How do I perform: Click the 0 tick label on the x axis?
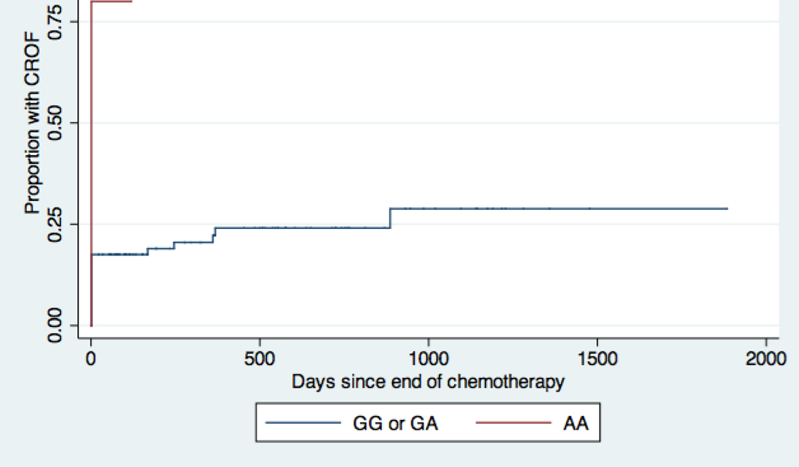click(x=91, y=358)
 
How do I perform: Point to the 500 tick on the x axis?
click(x=259, y=358)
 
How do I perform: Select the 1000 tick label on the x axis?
click(x=428, y=358)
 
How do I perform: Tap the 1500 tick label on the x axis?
click(x=597, y=358)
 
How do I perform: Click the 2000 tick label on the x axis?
click(x=766, y=358)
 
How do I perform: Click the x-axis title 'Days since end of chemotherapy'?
click(x=428, y=381)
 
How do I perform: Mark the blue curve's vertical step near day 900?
click(x=390, y=218)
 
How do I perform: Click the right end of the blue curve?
click(x=727, y=208)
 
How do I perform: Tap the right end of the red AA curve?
click(x=132, y=2)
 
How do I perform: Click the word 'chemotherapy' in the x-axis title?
click(x=514, y=381)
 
